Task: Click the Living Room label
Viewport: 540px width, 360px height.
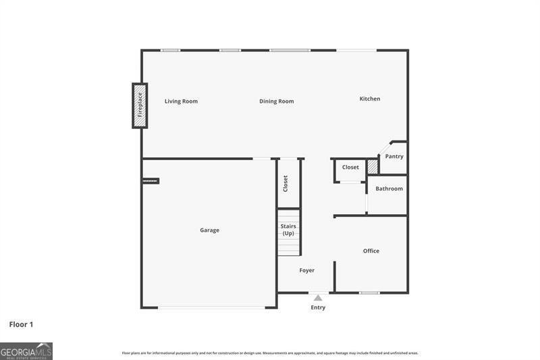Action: coord(181,101)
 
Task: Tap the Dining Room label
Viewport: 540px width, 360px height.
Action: coord(277,101)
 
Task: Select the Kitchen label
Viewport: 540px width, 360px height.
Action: coord(369,99)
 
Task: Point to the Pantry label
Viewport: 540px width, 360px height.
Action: coord(394,157)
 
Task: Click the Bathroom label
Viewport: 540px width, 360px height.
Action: coord(389,188)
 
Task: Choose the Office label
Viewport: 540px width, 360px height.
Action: coord(371,251)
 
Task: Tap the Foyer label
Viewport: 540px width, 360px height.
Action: coord(306,270)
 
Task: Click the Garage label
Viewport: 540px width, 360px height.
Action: coord(209,230)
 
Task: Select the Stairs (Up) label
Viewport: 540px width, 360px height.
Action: coord(288,230)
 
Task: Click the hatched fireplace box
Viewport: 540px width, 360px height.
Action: coord(140,105)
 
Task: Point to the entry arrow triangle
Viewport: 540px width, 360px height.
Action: coord(318,297)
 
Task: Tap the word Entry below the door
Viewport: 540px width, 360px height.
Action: coord(318,308)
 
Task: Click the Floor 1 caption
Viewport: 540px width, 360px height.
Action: coord(21,325)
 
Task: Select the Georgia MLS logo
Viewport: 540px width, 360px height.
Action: coord(26,351)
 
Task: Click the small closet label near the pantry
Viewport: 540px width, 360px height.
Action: coord(350,168)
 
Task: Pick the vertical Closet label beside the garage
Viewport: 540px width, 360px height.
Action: coord(286,183)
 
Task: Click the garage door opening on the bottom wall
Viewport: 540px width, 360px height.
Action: coord(211,307)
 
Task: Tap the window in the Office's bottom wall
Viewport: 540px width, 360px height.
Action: coord(369,292)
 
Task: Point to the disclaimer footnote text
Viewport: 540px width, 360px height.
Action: coord(270,353)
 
